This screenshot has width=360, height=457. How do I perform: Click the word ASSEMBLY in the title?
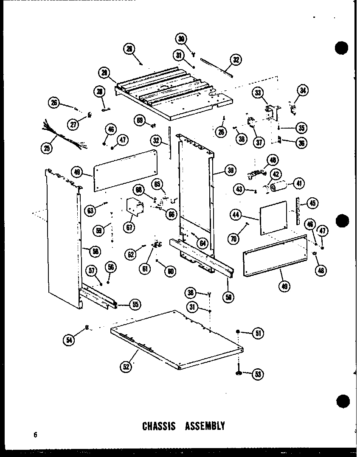[x=205, y=426]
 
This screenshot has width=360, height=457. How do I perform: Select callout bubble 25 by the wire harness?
[x=46, y=148]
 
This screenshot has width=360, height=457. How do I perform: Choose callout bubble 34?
[x=303, y=90]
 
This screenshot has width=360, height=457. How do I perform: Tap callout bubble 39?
[x=231, y=171]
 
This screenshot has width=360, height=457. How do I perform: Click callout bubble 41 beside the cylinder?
[x=299, y=183]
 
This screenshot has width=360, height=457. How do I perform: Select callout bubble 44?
[x=236, y=215]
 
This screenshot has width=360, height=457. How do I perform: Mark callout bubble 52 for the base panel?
[x=126, y=367]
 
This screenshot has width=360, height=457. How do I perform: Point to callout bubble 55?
[x=135, y=304]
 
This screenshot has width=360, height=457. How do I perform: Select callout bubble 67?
[x=129, y=227]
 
